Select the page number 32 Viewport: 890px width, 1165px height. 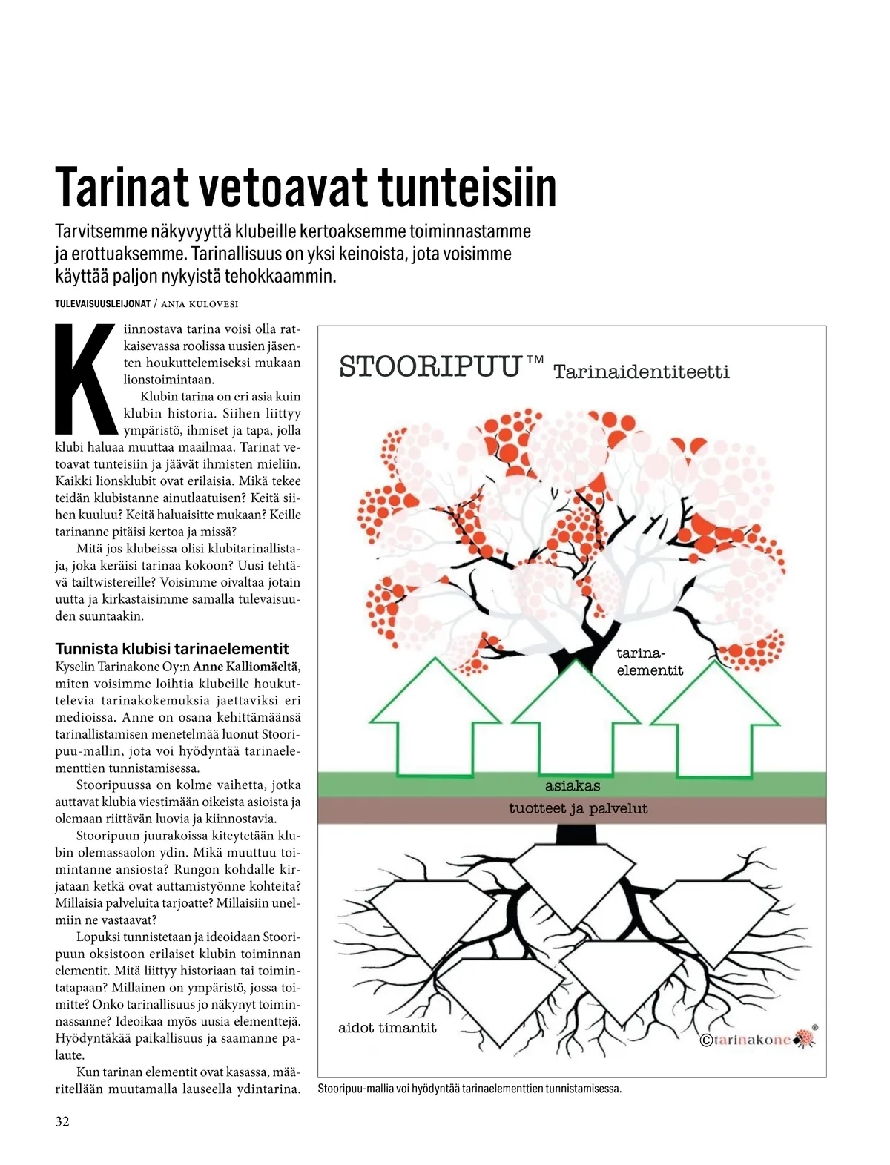pyautogui.click(x=62, y=1121)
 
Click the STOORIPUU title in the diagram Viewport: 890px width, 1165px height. pyautogui.click(x=430, y=367)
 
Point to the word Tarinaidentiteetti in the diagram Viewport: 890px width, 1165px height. pyautogui.click(x=642, y=372)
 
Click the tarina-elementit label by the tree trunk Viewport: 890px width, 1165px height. pyautogui.click(x=649, y=661)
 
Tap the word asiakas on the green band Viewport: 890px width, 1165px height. pyautogui.click(x=573, y=786)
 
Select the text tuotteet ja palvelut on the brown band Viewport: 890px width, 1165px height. pyautogui.click(x=578, y=809)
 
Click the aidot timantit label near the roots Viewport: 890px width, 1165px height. pyautogui.click(x=387, y=1028)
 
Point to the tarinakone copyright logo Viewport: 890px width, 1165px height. pyautogui.click(x=756, y=1039)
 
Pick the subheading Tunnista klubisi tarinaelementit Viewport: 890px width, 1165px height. pyautogui.click(x=172, y=649)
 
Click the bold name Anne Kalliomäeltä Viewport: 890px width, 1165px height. pyautogui.click(x=246, y=667)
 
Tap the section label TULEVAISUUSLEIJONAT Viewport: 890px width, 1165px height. pyautogui.click(x=102, y=304)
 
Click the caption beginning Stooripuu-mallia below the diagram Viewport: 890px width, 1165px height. pyautogui.click(x=469, y=1089)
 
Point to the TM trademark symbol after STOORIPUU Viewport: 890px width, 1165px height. pyautogui.click(x=535, y=360)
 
